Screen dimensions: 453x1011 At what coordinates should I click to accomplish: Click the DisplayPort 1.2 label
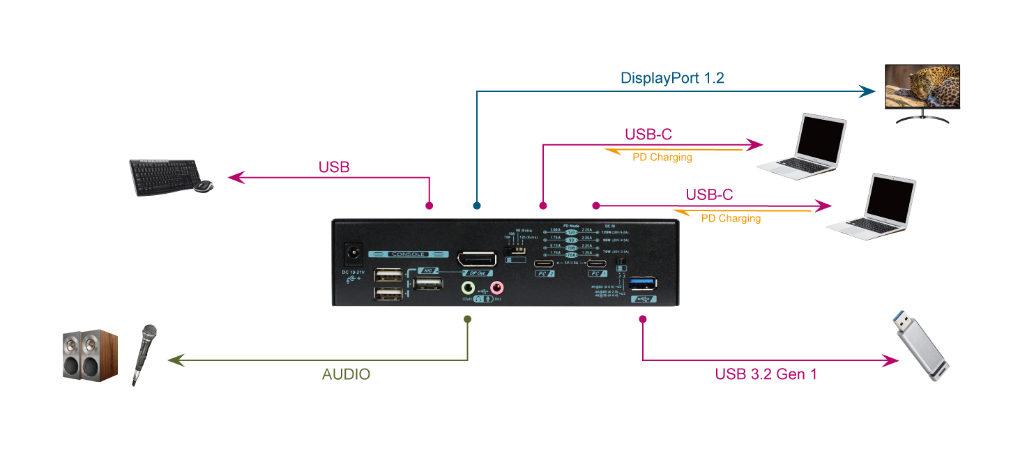pyautogui.click(x=672, y=77)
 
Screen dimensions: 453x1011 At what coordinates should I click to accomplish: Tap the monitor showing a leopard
pyautogui.click(x=922, y=86)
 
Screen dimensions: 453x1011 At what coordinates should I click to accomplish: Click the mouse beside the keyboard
pyautogui.click(x=204, y=186)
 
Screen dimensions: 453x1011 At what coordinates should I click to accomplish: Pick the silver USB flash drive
pyautogui.click(x=920, y=348)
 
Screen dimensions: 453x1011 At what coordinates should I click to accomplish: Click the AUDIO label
pyautogui.click(x=346, y=374)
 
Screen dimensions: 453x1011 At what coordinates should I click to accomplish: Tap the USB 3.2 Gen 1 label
pyautogui.click(x=766, y=374)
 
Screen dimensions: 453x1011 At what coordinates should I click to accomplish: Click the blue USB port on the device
pyautogui.click(x=642, y=283)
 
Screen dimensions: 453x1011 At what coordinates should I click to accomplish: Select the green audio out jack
pyautogui.click(x=469, y=287)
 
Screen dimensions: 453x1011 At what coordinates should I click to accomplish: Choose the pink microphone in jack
pyautogui.click(x=496, y=287)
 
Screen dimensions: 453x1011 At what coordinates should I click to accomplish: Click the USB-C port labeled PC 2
pyautogui.click(x=544, y=264)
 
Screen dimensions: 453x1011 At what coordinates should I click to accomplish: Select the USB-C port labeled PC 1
pyautogui.click(x=596, y=264)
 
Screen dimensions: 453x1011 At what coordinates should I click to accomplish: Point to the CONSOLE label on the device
pyautogui.click(x=407, y=254)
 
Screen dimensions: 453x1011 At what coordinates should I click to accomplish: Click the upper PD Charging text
pyautogui.click(x=662, y=158)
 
